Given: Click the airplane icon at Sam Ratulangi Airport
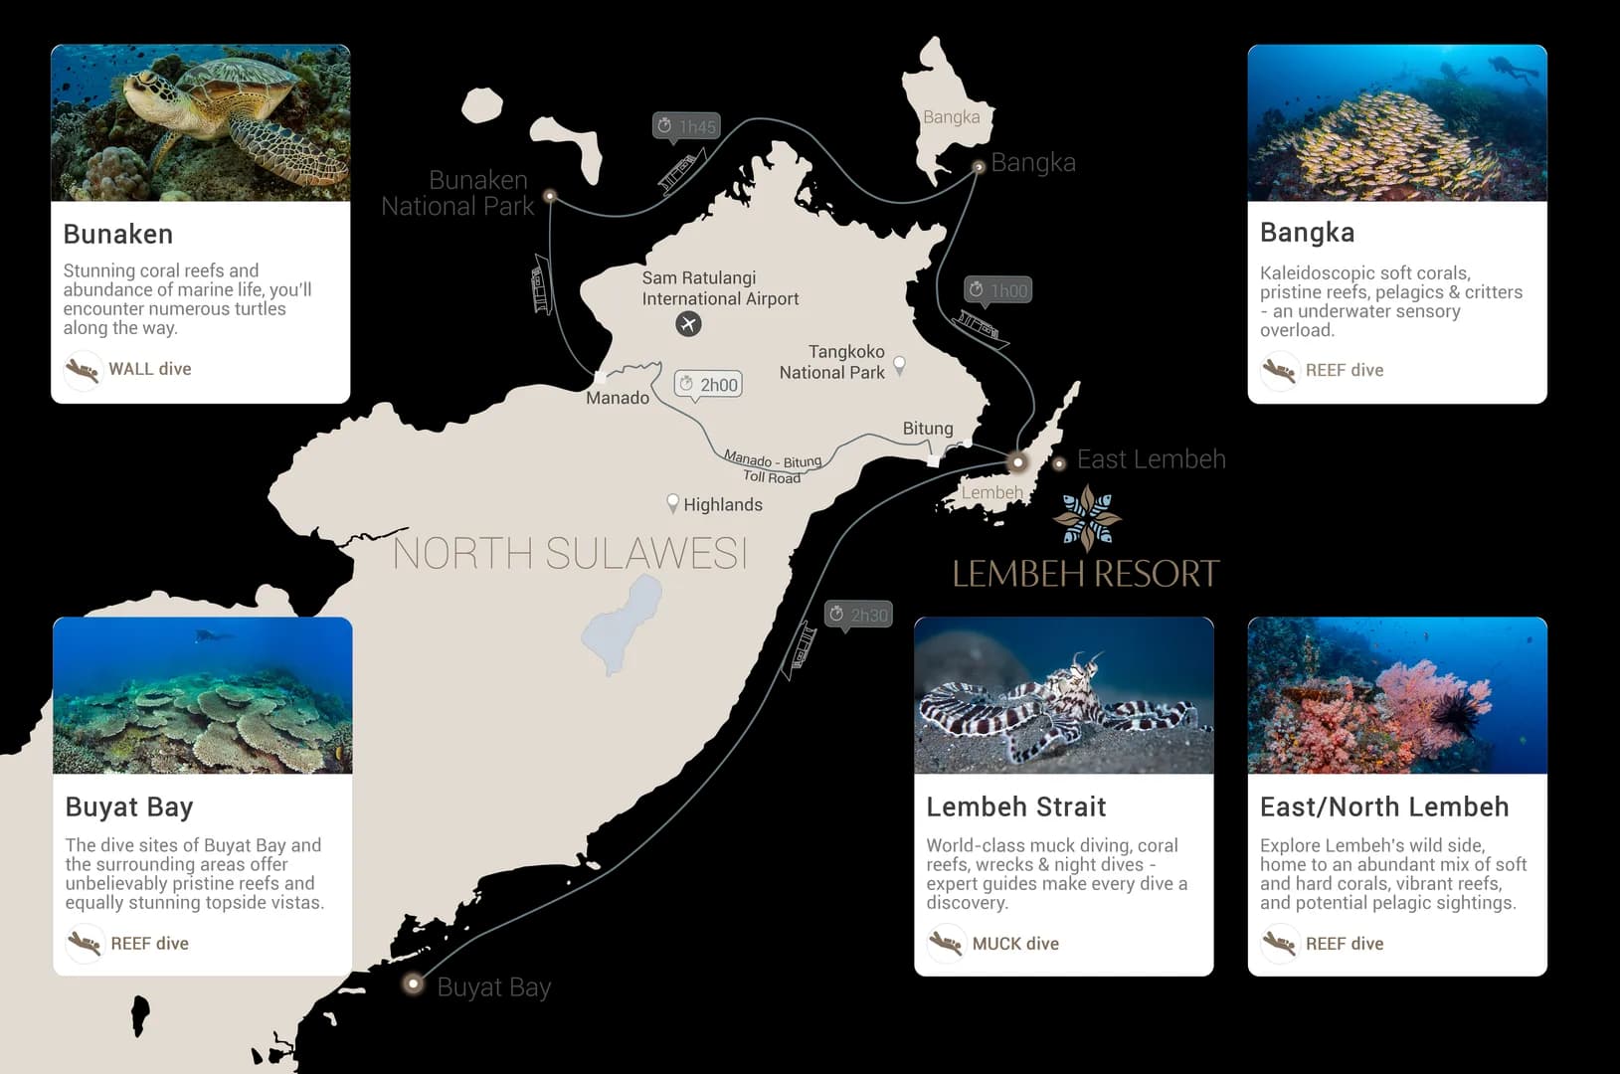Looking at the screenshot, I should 688,323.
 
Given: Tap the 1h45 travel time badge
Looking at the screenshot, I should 686,126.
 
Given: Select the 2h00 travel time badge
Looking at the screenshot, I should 708,385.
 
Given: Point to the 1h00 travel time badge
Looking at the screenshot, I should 997,290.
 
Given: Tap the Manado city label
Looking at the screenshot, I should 618,398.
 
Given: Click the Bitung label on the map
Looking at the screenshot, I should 928,429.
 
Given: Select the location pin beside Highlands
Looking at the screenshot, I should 673,503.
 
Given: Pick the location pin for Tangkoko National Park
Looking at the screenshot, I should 899,364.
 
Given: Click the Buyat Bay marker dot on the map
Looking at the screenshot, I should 413,984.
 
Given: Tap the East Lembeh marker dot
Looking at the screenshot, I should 1059,463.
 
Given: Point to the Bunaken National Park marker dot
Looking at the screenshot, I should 550,196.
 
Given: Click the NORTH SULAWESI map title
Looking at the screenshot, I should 570,554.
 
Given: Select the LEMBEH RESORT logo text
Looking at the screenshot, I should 1085,574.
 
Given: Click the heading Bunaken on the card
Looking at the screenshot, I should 118,234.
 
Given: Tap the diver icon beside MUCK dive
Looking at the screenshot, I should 946,942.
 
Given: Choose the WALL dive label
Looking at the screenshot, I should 150,369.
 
